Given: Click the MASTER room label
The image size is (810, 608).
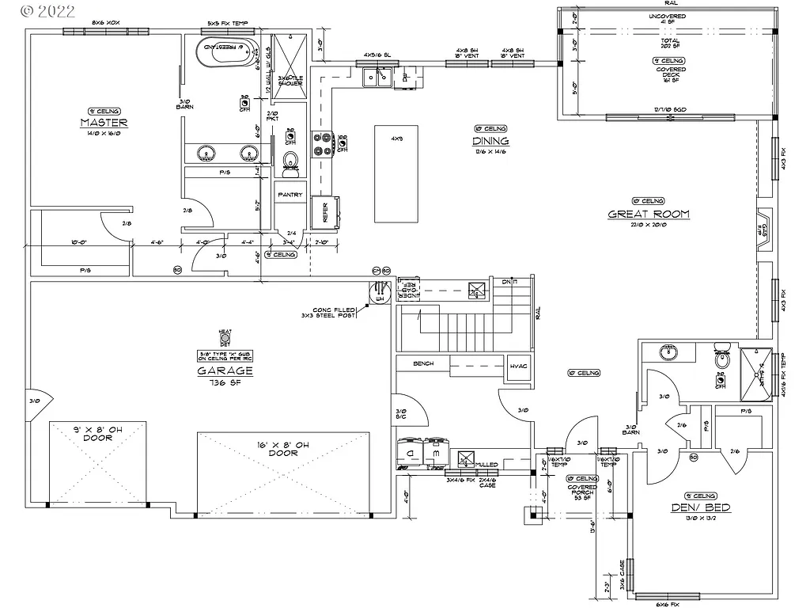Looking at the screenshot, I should pyautogui.click(x=104, y=123).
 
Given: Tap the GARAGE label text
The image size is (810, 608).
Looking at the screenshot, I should pyautogui.click(x=225, y=370).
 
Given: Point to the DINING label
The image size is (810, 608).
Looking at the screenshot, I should pyautogui.click(x=490, y=141).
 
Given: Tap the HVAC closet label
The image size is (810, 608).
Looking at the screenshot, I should pyautogui.click(x=518, y=366).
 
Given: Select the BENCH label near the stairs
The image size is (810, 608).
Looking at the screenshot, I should pyautogui.click(x=424, y=364).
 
